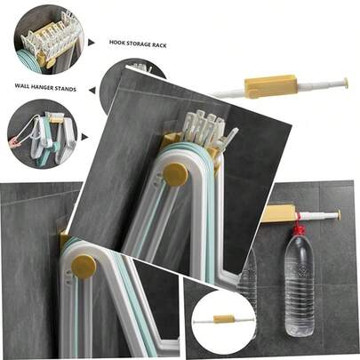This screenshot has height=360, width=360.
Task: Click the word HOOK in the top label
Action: (116, 43)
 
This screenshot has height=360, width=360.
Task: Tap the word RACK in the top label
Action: (159, 45)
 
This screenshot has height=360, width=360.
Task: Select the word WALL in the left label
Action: (21, 86)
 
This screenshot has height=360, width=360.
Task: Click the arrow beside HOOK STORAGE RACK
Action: (92, 43)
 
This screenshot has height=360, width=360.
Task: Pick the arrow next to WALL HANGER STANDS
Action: (92, 90)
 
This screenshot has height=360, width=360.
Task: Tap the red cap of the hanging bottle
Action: (300, 229)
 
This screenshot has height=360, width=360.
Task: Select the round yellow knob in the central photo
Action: (175, 175)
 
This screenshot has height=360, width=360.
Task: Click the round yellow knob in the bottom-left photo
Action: (84, 267)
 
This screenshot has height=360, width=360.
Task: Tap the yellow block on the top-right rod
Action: (269, 86)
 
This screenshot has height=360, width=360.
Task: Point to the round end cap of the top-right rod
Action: (345, 84)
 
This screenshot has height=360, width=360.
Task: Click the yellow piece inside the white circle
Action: (224, 319)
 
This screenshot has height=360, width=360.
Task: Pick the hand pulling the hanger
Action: (13, 142)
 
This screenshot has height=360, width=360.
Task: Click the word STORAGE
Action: (139, 44)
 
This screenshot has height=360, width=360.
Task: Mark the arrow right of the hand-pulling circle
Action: (84, 137)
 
